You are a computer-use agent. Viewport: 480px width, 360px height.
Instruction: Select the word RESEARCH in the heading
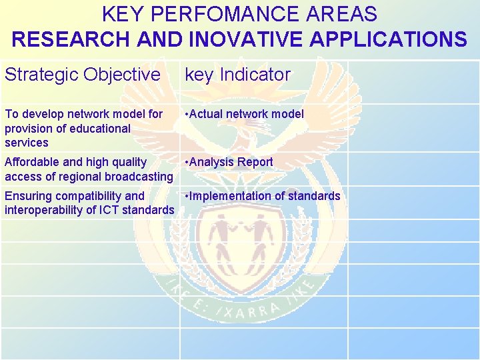71,39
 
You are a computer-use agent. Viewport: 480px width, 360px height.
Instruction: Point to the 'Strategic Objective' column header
83,75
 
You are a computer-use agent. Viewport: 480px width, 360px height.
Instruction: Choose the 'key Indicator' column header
237,75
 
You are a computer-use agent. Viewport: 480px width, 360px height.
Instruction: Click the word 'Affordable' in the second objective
31,162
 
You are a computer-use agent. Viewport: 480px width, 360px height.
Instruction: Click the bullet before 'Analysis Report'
187,162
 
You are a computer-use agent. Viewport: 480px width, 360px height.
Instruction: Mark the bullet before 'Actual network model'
187,114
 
